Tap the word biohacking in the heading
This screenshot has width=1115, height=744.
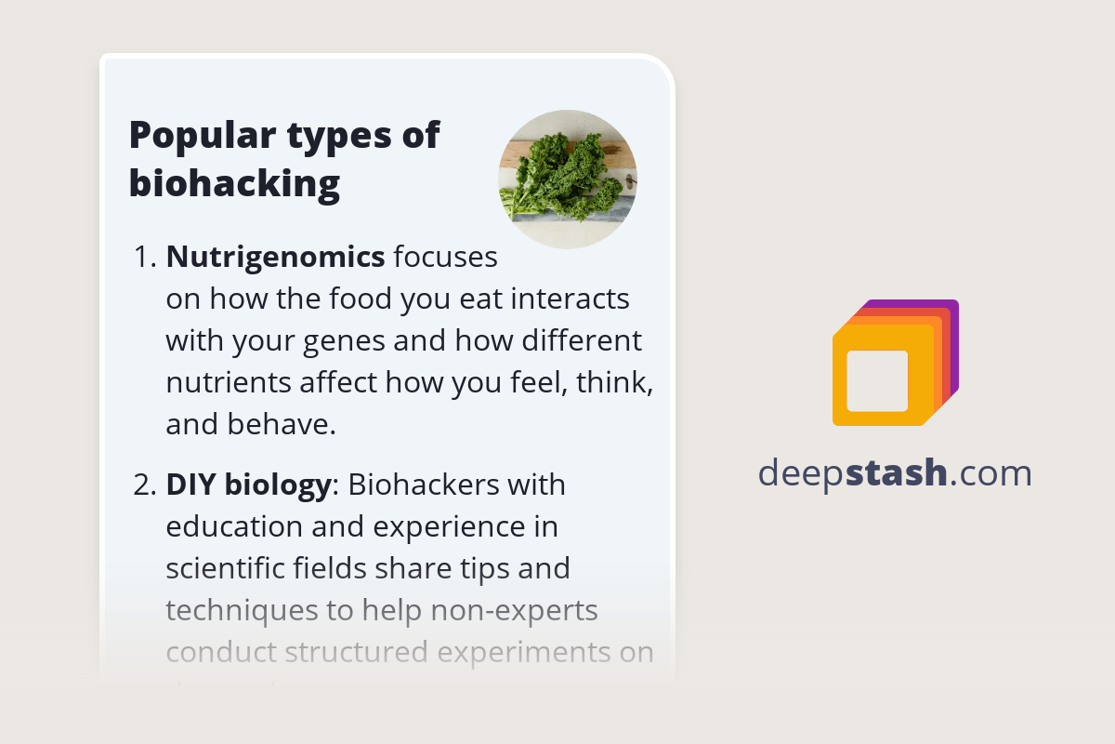(234, 183)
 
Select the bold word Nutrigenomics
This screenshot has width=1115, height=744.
(275, 258)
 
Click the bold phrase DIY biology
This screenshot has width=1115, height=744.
(248, 485)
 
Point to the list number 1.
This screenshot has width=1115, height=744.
(144, 258)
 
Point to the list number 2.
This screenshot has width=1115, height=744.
(144, 485)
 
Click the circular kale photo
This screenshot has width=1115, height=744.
(567, 179)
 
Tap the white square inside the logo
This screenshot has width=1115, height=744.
(877, 380)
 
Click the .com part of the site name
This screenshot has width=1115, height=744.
(991, 473)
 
